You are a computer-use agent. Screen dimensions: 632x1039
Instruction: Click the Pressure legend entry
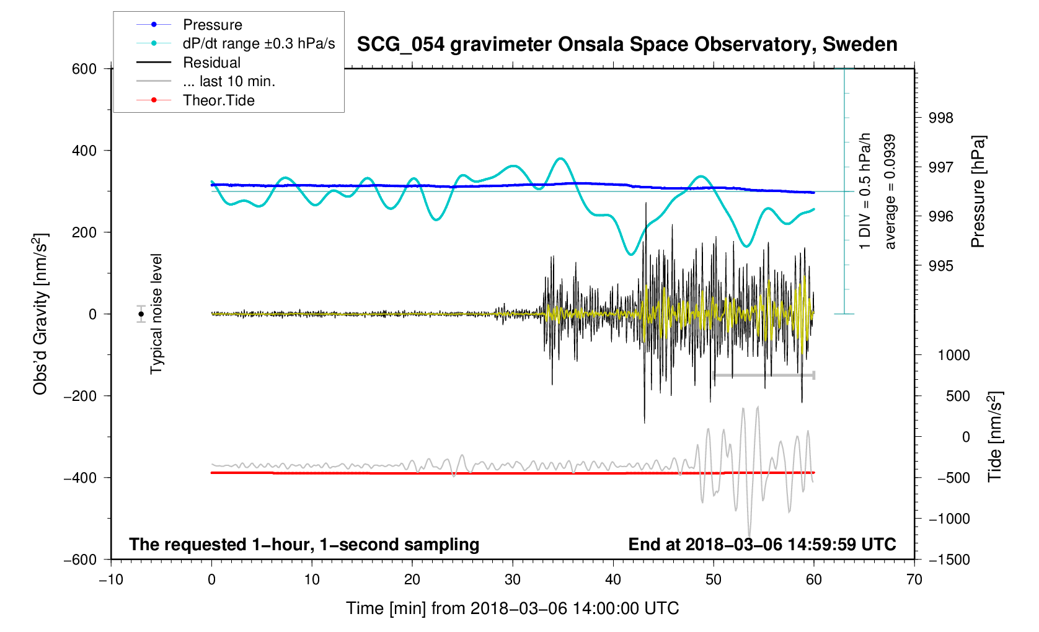[x=212, y=25]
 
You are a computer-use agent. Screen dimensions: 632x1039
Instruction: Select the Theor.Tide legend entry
[x=218, y=100]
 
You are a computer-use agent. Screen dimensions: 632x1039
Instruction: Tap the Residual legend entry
[x=211, y=63]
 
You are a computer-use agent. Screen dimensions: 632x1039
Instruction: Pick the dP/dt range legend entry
[x=258, y=43]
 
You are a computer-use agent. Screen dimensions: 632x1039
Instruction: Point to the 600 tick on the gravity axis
[x=84, y=69]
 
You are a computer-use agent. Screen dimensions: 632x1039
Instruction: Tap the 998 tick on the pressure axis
[x=940, y=118]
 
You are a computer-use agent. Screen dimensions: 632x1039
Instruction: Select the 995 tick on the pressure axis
[x=940, y=266]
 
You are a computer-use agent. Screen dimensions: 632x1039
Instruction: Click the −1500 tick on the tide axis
[x=948, y=560]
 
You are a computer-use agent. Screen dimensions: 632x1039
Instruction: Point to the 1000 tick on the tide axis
[x=953, y=355]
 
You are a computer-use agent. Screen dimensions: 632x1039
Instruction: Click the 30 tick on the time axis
[x=513, y=580]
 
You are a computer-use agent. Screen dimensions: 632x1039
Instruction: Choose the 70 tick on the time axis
[x=914, y=580]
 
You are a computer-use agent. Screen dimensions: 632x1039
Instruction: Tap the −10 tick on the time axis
[x=111, y=580]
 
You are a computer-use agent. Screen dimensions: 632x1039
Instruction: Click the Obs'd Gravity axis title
[x=41, y=314]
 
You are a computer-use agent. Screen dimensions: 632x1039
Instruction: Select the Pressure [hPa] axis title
[x=978, y=191]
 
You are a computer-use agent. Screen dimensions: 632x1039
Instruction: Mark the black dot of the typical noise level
[x=141, y=314]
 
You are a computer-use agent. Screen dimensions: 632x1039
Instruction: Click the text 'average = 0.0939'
[x=890, y=191]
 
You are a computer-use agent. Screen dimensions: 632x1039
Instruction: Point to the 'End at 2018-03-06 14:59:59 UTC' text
[x=762, y=545]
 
